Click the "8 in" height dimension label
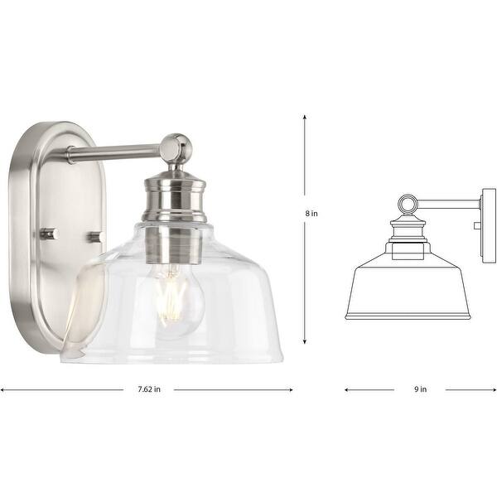coord(311,213)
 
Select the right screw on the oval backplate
coord(94,236)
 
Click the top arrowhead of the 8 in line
coord(305,117)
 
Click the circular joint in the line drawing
coord(406,203)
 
